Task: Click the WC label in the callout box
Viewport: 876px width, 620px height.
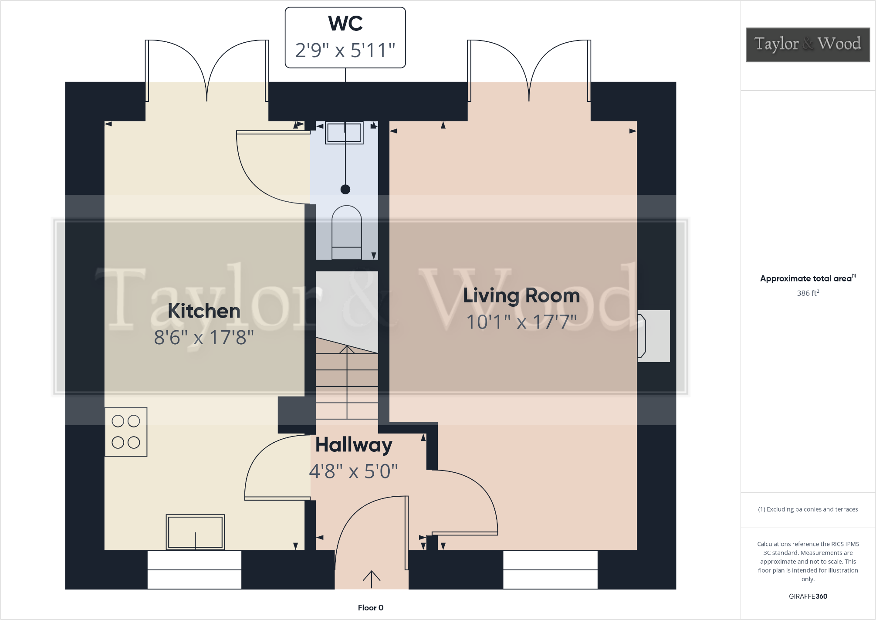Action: point(345,24)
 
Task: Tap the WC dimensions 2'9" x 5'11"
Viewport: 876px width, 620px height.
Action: point(345,50)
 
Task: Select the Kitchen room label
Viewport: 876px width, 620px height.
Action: point(204,311)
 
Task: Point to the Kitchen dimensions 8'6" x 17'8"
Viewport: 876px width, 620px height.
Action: point(204,337)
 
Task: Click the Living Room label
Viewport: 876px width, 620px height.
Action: point(521,296)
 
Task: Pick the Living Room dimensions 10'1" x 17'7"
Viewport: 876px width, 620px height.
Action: point(521,322)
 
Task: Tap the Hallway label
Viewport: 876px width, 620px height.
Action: point(354,445)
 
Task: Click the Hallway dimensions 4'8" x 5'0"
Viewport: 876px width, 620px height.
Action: point(354,471)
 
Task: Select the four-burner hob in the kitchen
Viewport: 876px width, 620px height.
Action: point(126,432)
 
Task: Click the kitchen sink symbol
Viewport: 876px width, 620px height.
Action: point(195,532)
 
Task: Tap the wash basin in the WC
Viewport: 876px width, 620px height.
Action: point(344,133)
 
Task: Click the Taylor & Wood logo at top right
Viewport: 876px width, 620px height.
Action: point(808,44)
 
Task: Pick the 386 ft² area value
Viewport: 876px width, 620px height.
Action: point(808,293)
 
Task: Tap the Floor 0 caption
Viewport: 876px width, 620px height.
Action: point(370,608)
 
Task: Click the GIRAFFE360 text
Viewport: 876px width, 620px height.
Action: point(808,596)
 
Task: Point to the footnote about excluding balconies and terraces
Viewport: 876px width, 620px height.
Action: point(808,509)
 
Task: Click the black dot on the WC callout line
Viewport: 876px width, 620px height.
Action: point(345,189)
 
